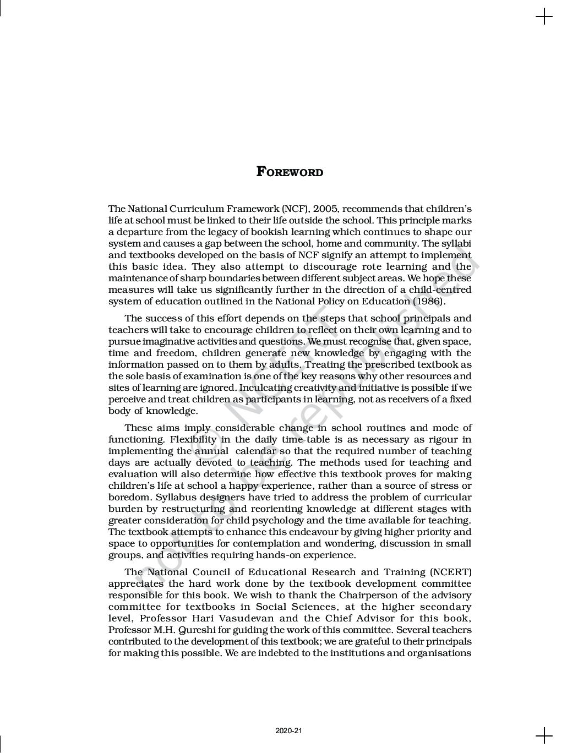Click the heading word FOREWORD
(x=290, y=172)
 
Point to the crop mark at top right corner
(x=544, y=17)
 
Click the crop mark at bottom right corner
(x=544, y=735)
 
